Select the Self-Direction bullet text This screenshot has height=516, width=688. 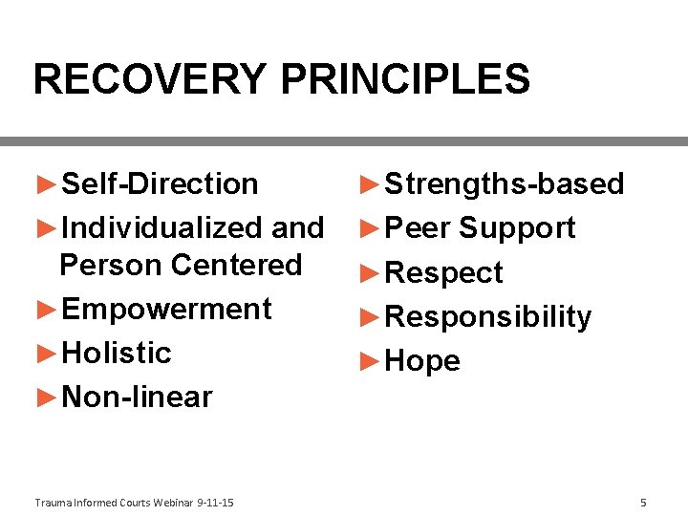click(160, 183)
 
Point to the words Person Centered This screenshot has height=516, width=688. click(181, 264)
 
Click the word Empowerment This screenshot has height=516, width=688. click(166, 309)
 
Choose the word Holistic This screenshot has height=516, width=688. click(116, 353)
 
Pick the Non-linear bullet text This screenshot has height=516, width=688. click(137, 397)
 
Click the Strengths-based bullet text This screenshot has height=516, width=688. click(504, 183)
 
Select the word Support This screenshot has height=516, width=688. click(517, 227)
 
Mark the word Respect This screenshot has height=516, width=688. click(443, 272)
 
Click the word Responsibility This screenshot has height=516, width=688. click(487, 316)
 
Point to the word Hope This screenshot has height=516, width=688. click(421, 361)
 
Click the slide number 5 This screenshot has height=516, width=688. click(643, 503)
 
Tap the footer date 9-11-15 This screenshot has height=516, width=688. click(215, 503)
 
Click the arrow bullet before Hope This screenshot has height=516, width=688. click(370, 360)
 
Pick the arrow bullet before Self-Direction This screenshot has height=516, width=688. click(47, 183)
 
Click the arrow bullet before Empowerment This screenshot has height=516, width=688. click(47, 309)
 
